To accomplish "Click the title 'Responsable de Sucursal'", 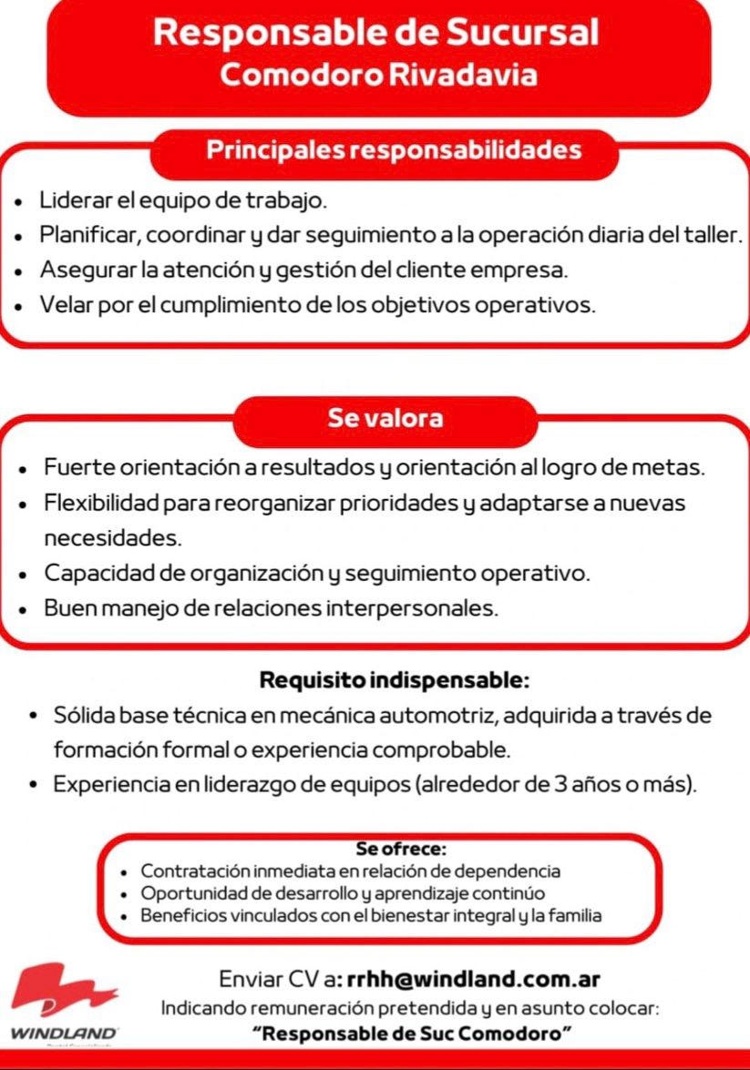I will (x=376, y=33).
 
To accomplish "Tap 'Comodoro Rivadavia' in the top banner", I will (x=377, y=75).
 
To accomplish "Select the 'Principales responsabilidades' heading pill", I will (x=393, y=149).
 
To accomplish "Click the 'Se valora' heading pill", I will (x=385, y=418).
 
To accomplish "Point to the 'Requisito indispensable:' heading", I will (x=394, y=680).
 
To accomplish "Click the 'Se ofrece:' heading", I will (x=401, y=850).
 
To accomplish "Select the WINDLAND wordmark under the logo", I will (x=63, y=1034).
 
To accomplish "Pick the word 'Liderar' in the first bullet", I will (x=70, y=199).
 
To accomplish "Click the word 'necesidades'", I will (x=112, y=538).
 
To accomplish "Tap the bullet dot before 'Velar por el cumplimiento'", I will (x=19, y=307).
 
